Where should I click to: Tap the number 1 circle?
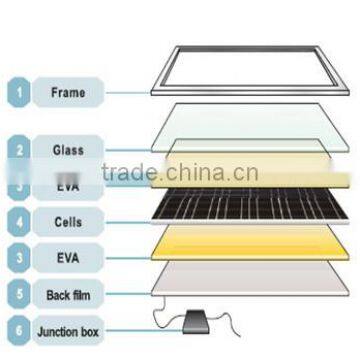pyautogui.click(x=17, y=94)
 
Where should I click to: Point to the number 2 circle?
pyautogui.click(x=17, y=150)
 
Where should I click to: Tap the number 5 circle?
pyautogui.click(x=17, y=294)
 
